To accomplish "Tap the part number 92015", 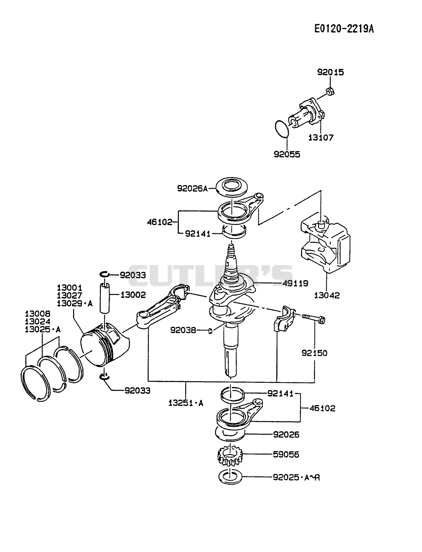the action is pos(330,72).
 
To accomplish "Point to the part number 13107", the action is pos(320,137).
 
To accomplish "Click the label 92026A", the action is pos(192,188).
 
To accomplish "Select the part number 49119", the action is pos(295,283).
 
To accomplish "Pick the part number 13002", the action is pos(133,295).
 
